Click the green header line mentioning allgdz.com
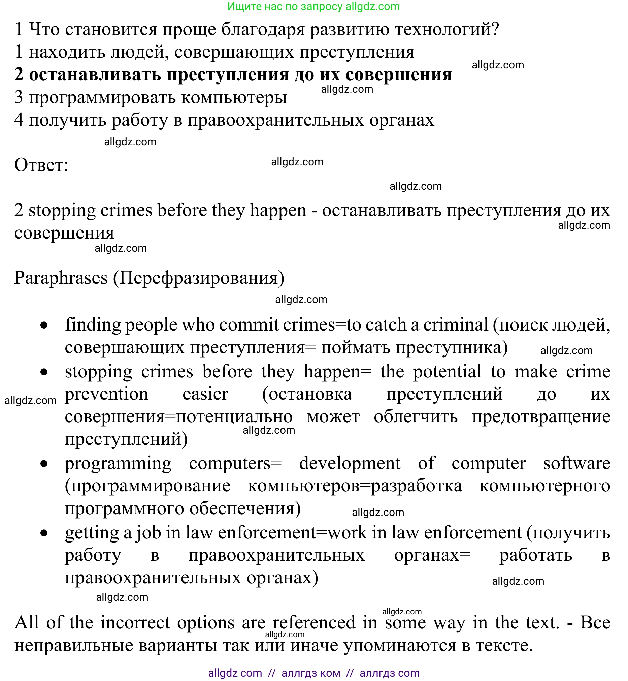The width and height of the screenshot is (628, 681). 313,6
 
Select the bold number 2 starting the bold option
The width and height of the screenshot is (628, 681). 19,74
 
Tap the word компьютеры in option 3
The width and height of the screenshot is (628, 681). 234,98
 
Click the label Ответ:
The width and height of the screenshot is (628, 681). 41,165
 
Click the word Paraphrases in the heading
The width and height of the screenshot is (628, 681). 61,278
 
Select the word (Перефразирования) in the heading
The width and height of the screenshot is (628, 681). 199,278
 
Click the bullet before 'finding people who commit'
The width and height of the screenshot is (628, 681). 44,326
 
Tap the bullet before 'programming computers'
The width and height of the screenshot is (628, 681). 44,464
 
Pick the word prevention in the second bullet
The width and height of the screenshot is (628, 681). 107,394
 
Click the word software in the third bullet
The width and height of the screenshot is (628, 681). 576,463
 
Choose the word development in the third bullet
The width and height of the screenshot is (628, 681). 349,463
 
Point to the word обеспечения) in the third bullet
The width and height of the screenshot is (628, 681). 245,509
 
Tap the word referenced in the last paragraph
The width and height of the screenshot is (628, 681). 314,623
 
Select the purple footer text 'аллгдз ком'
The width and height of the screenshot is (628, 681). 310,673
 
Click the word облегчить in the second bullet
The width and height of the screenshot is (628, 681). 416,417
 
